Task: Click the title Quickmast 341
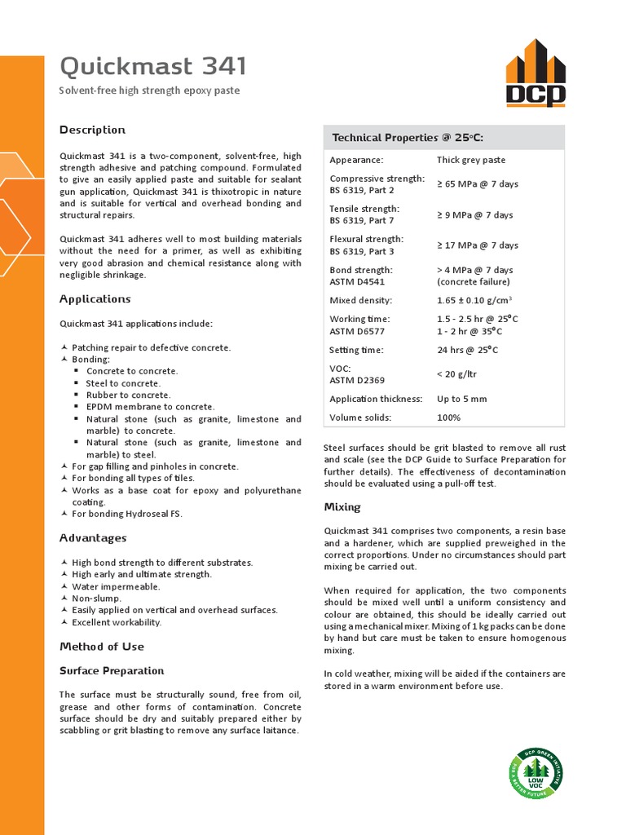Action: [153, 66]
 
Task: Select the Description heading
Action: [92, 130]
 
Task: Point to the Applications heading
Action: [95, 299]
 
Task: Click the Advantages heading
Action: [93, 538]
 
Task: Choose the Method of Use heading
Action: [102, 647]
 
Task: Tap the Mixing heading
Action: [342, 507]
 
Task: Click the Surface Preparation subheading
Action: [112, 671]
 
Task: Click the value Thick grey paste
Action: [471, 161]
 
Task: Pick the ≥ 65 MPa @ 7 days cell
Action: [477, 184]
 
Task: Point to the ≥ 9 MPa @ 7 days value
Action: [474, 215]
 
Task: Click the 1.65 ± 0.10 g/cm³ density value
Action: [477, 300]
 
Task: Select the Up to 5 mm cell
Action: [461, 399]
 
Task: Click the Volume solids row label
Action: [360, 417]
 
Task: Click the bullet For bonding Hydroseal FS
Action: [127, 514]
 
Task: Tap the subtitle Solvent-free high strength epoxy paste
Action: [150, 91]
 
